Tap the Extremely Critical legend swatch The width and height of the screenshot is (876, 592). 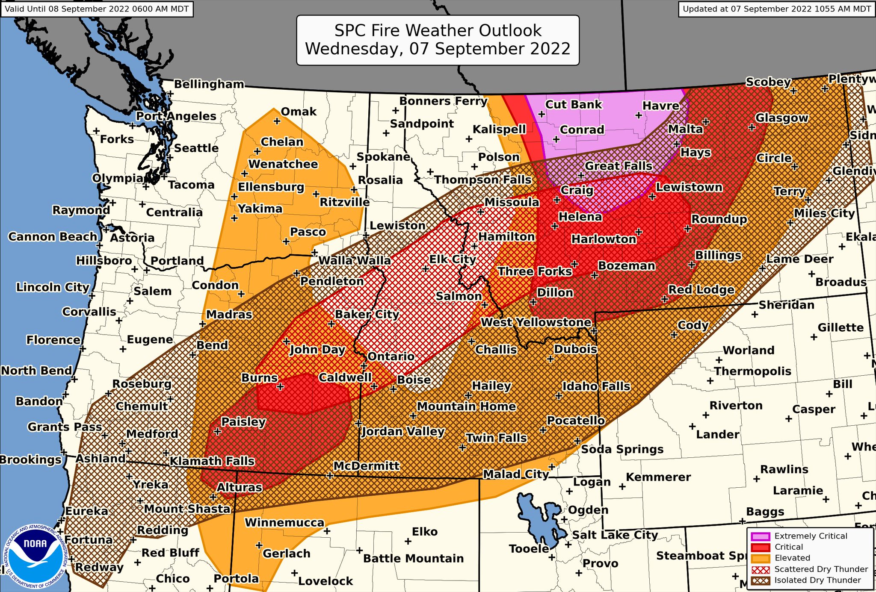[761, 536]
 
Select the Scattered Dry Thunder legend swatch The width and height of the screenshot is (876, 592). [761, 569]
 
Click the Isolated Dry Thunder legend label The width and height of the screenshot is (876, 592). [817, 580]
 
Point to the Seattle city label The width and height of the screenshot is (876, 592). [196, 148]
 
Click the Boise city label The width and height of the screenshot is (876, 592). [414, 380]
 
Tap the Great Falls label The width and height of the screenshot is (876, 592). [619, 166]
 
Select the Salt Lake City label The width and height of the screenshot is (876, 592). [615, 535]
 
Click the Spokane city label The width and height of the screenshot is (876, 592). [383, 157]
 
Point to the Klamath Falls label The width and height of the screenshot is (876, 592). [212, 461]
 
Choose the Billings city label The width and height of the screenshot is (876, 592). [718, 256]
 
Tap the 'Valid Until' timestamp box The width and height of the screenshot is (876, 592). [97, 9]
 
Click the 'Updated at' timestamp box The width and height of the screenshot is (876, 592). [776, 9]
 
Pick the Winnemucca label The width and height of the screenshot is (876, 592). [284, 522]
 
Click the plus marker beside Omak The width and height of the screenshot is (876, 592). [277, 121]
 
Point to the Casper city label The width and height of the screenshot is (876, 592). [814, 409]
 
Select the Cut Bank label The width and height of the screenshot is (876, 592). [574, 104]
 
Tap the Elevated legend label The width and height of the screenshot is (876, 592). [792, 558]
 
